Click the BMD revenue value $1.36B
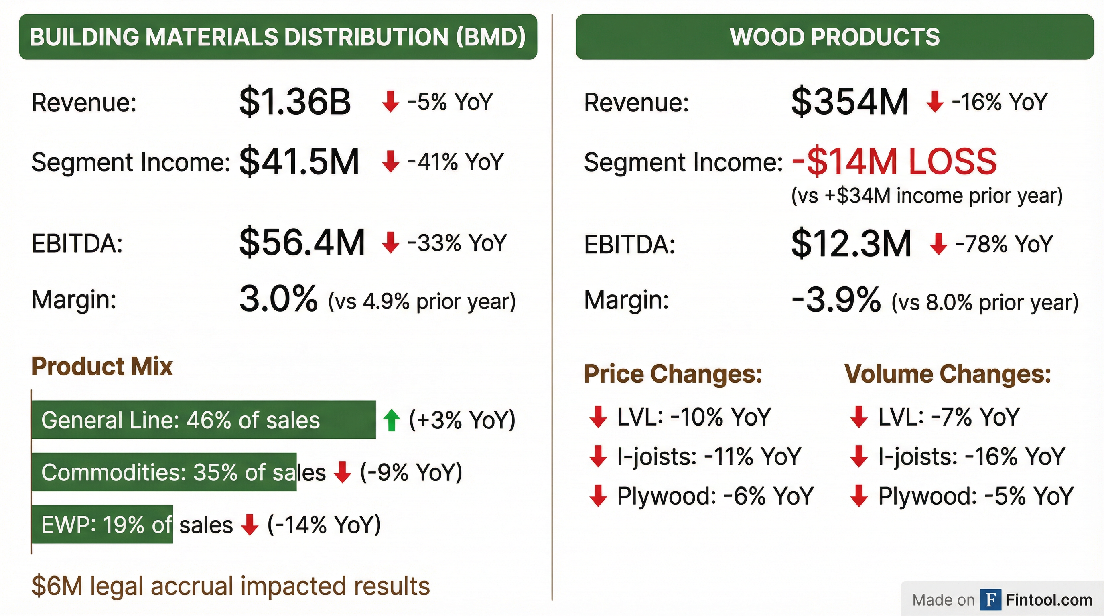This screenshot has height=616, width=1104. (x=295, y=102)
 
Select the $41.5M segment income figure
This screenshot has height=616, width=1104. (x=299, y=162)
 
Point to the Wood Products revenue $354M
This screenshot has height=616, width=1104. (x=849, y=102)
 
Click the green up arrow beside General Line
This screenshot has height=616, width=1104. (x=391, y=420)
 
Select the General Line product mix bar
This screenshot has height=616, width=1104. (x=203, y=420)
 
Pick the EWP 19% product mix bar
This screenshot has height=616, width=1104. (x=102, y=524)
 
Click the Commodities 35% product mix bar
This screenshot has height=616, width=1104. (x=164, y=472)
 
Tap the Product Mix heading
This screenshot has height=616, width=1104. (x=102, y=367)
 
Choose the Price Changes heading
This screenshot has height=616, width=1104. (x=673, y=374)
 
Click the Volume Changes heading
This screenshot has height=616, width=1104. (x=948, y=374)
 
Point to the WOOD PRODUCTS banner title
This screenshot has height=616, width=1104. (x=834, y=37)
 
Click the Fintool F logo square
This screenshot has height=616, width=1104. (x=990, y=600)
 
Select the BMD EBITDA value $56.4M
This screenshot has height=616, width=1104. (x=302, y=243)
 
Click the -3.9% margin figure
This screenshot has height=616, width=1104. (x=836, y=300)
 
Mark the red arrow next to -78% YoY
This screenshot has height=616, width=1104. (x=938, y=244)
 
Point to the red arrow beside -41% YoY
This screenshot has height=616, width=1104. (x=390, y=162)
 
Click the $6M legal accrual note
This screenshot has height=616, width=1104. (x=231, y=586)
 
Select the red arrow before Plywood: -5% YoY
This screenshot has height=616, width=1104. (x=859, y=496)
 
